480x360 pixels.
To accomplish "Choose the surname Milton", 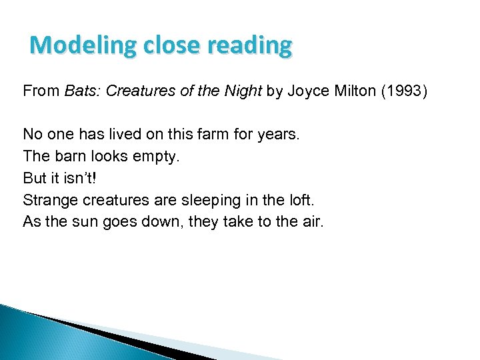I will pos(353,91).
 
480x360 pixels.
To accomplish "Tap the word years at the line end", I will pos(280,135).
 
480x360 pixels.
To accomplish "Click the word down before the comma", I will pos(158,221).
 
